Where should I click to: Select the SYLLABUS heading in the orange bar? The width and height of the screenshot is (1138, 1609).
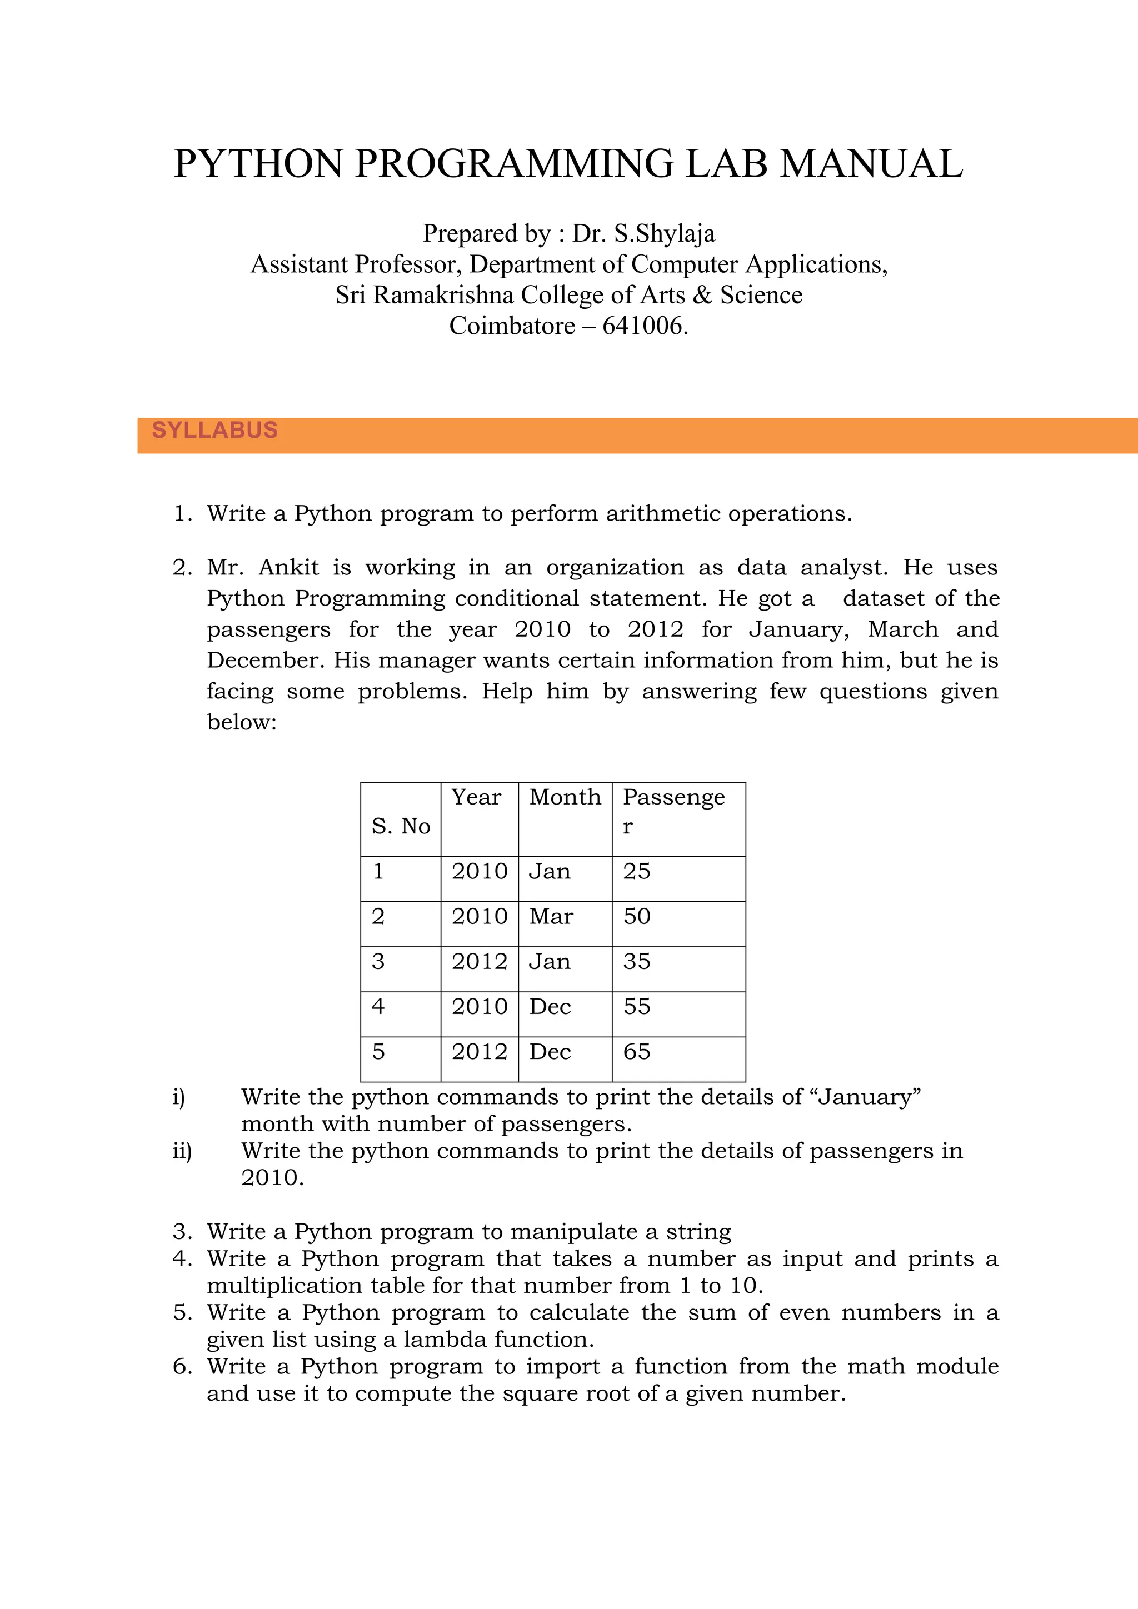coord(214,430)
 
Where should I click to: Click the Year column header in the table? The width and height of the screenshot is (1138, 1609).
coord(476,797)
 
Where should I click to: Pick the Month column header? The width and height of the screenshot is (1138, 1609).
coord(565,797)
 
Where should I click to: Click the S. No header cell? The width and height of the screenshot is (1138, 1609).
coord(400,826)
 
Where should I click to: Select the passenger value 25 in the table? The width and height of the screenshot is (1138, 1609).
coord(636,871)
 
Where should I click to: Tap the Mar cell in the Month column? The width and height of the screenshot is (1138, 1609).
coord(551,917)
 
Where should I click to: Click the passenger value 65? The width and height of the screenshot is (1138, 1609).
coord(636,1052)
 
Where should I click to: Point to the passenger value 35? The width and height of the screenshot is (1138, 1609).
coord(636,962)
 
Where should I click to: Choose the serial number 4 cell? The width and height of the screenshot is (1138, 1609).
coord(378,1007)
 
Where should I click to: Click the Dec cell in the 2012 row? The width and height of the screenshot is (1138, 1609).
coord(550,1052)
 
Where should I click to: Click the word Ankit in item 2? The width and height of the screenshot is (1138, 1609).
coord(289,568)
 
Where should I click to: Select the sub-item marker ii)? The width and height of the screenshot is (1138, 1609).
coord(182,1151)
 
